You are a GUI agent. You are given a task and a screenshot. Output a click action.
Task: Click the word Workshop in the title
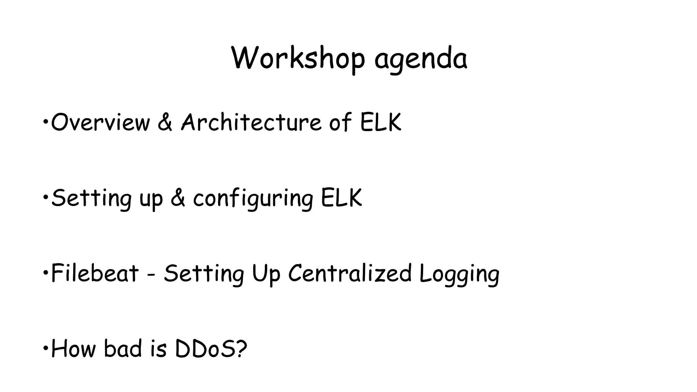click(x=298, y=59)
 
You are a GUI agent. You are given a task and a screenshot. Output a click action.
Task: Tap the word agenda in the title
click(x=421, y=60)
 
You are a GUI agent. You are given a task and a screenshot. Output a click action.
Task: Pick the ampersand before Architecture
click(x=165, y=122)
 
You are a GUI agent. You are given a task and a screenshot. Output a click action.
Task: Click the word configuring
click(x=253, y=199)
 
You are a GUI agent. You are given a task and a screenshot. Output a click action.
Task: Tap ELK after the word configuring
click(x=341, y=198)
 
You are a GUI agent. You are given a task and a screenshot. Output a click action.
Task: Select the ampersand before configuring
click(x=178, y=198)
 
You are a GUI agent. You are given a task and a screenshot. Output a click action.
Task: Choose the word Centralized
click(x=350, y=274)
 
